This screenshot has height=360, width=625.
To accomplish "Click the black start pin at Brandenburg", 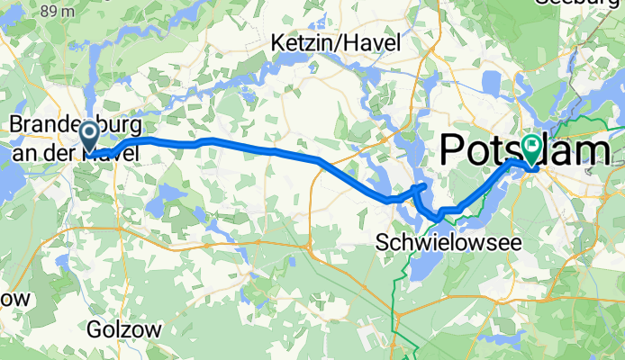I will click(90, 136).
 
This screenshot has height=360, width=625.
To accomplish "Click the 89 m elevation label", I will click(59, 10).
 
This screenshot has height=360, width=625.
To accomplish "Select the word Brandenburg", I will click(68, 123).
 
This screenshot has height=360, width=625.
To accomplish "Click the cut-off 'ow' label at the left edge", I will click(16, 297).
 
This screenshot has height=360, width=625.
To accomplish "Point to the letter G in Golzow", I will click(95, 329).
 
